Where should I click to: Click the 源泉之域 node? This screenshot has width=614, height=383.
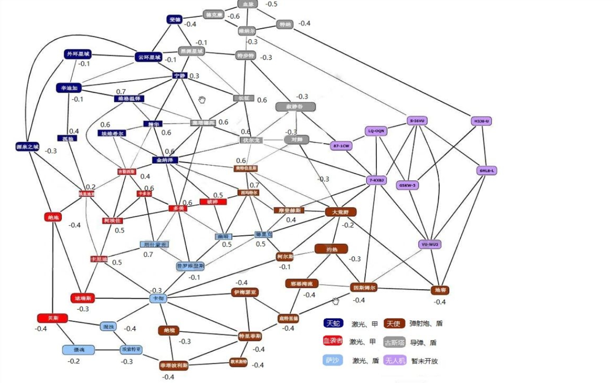[27, 147]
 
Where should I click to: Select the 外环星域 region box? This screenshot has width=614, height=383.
[78, 54]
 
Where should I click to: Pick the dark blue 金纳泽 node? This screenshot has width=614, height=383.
[166, 160]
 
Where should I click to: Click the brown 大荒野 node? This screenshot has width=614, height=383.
[341, 212]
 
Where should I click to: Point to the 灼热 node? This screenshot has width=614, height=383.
[331, 248]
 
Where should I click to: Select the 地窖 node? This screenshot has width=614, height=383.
[440, 290]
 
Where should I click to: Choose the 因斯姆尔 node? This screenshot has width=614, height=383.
[364, 288]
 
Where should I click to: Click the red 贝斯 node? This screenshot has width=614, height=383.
[52, 318]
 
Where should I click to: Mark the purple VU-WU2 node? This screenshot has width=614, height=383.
[430, 244]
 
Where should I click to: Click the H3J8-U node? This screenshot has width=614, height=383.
[481, 121]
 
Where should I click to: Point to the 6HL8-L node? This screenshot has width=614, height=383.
[486, 171]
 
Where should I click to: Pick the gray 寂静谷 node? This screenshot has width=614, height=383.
[295, 106]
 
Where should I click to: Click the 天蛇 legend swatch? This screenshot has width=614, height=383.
[333, 323]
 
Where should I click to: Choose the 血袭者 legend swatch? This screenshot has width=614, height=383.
[333, 341]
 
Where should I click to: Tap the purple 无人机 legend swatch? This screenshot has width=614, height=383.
[395, 360]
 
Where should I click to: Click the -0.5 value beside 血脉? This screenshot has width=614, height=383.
[271, 4]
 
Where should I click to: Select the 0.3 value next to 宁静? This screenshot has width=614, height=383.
[194, 76]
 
